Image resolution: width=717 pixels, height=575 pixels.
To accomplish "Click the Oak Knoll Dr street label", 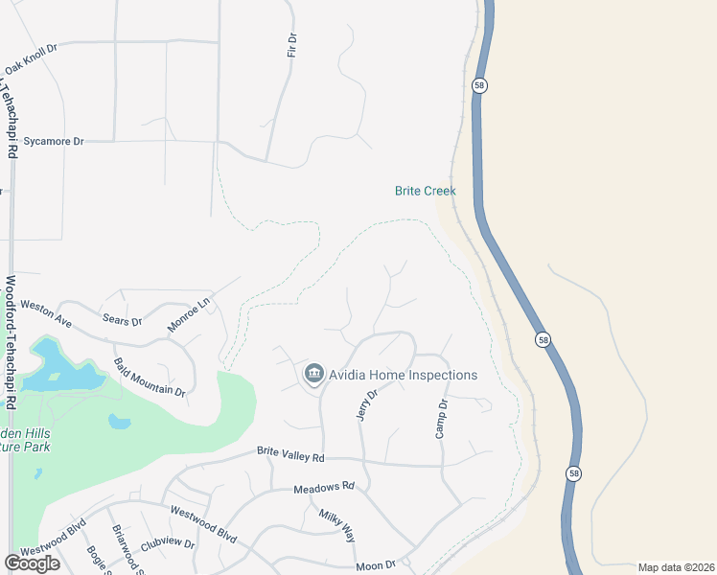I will click(x=31, y=58).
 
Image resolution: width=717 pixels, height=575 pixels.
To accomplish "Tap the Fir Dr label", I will click(x=292, y=45).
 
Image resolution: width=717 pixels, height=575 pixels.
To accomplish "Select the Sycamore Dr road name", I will click(x=54, y=141).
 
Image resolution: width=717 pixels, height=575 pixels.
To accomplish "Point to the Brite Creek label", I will click(x=425, y=191).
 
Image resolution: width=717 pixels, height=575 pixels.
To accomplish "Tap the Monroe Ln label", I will click(x=188, y=315).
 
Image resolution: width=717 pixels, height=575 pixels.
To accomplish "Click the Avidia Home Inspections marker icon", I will click(x=313, y=374).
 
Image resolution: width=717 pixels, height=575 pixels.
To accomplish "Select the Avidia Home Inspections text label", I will click(x=404, y=375).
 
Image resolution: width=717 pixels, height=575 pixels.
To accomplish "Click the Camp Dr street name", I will click(x=442, y=419).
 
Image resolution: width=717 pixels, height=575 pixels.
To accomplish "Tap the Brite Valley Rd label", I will click(x=291, y=453).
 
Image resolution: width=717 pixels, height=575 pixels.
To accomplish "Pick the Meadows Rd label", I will click(x=324, y=487).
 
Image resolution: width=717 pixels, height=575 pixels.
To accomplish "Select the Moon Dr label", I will click(x=376, y=565).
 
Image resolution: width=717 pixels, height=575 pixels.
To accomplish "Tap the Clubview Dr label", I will click(x=168, y=543).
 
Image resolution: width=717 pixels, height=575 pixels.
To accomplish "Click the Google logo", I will click(x=32, y=563).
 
